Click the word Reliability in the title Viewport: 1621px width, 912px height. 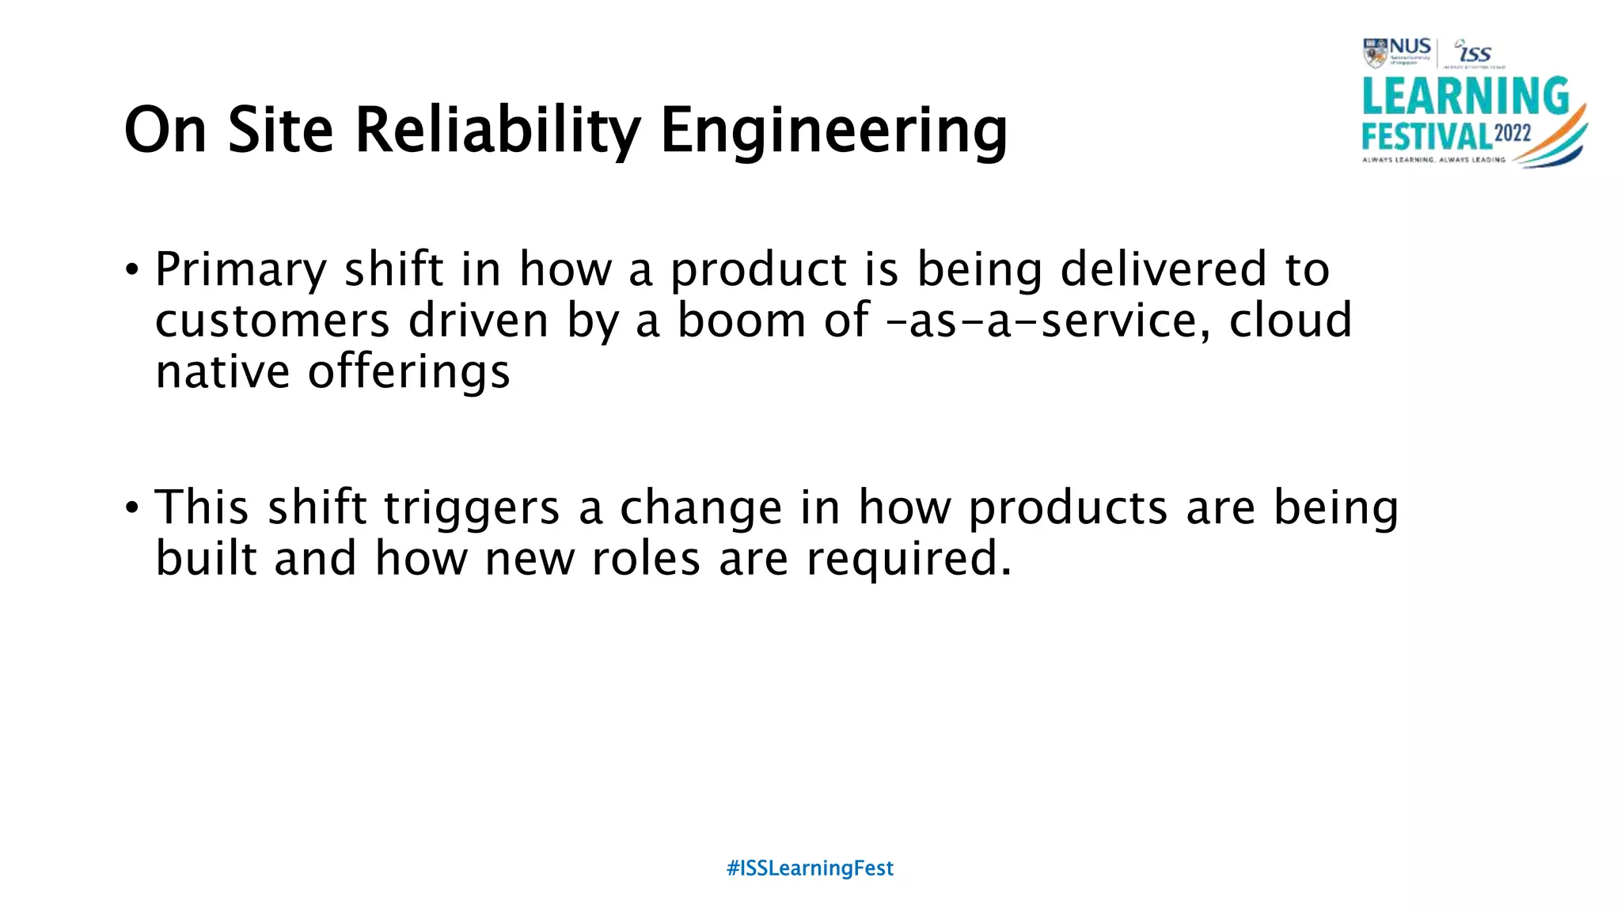(498, 131)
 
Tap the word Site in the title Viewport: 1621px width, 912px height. (280, 131)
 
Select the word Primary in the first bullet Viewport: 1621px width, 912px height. (241, 271)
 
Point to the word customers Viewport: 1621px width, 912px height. (272, 321)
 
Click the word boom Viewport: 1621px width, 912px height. (742, 321)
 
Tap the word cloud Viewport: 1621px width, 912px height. (1290, 321)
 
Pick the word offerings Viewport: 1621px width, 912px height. (408, 373)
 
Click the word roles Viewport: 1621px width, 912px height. (646, 559)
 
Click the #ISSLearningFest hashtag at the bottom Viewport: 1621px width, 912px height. (810, 868)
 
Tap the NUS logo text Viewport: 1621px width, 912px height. (1410, 47)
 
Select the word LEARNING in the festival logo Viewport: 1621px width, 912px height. (1465, 97)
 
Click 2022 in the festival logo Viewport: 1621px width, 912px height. (1513, 132)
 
